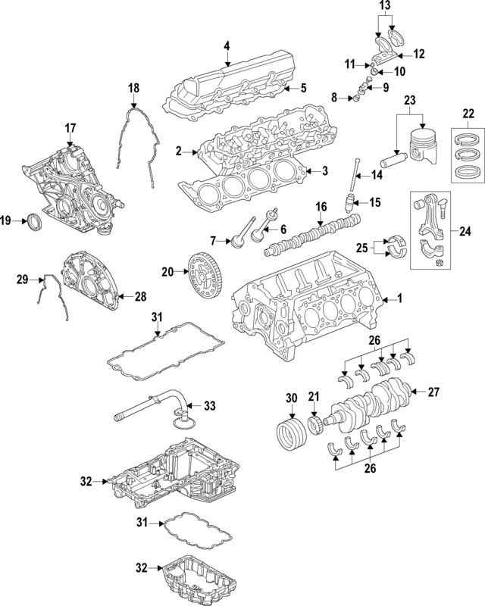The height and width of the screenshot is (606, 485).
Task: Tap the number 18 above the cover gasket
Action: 133,89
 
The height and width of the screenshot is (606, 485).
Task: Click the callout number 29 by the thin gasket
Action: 22,280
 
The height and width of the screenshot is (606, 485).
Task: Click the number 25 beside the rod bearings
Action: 363,247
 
